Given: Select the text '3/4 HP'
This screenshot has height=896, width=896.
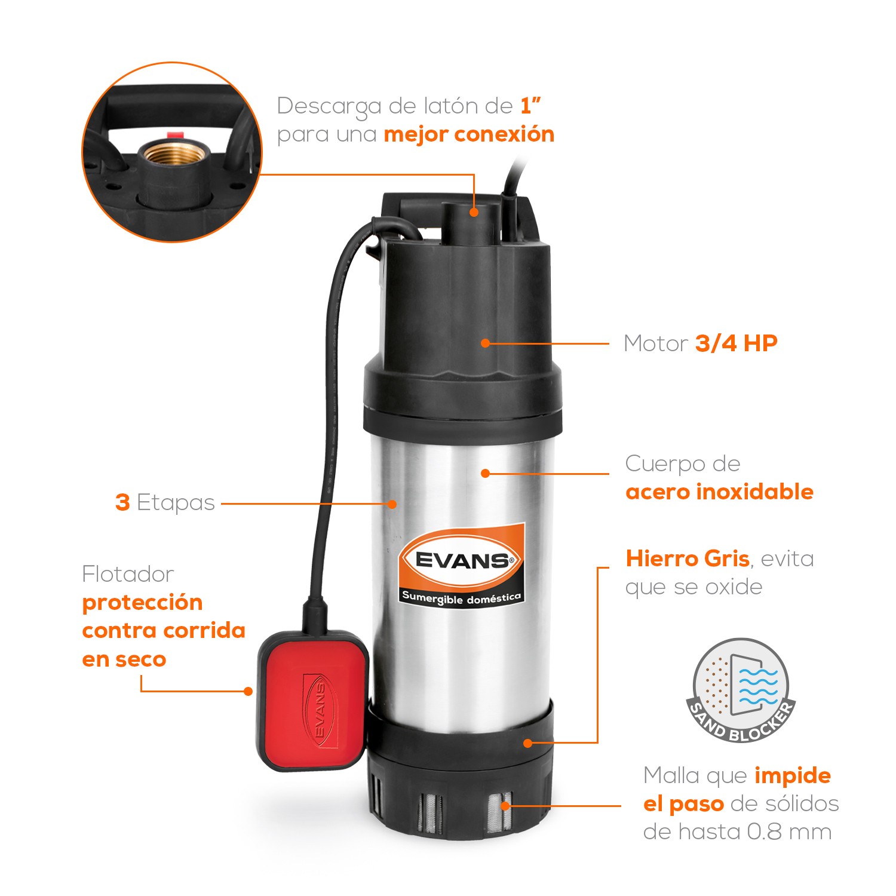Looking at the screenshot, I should [736, 343].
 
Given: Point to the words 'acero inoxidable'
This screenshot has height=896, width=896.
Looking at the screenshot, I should [719, 492].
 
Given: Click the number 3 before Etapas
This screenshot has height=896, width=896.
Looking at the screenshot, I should [122, 503].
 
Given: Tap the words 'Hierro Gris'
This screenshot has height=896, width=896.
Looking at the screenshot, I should [687, 559].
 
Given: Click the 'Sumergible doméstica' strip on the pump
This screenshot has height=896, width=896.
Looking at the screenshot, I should [461, 597].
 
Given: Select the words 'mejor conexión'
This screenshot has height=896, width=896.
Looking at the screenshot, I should [469, 134].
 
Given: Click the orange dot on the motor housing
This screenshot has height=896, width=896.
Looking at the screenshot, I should [485, 343].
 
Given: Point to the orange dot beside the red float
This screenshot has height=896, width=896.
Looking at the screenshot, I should [248, 691].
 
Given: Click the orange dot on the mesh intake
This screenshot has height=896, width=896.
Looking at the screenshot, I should [505, 805].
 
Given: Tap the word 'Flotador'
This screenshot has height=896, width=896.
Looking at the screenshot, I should [128, 575].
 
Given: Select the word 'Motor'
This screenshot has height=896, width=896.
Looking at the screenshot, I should [655, 344].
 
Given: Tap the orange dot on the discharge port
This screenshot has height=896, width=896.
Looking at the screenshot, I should [474, 211].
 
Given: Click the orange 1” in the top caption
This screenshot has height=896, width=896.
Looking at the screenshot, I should [530, 106].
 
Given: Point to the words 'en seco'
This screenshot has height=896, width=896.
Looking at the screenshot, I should [124, 659].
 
